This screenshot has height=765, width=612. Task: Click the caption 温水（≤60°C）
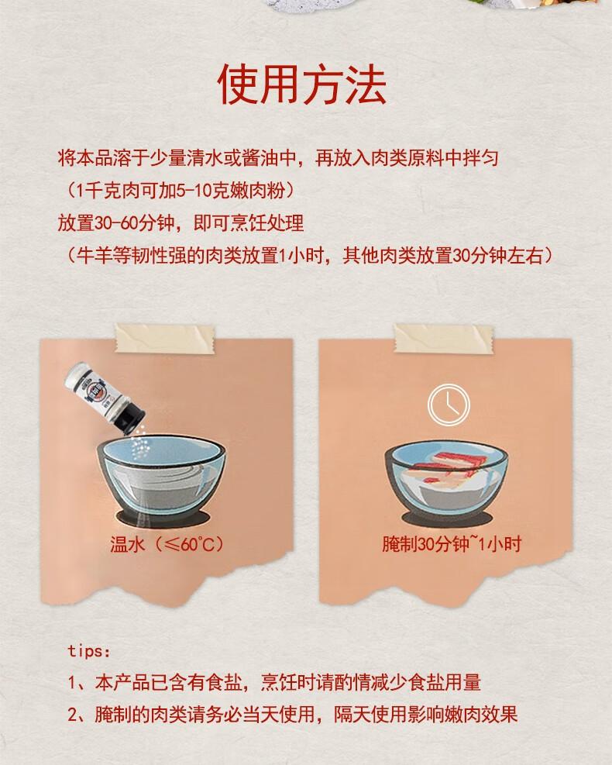point(167,543)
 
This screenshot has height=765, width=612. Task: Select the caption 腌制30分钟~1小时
point(451,543)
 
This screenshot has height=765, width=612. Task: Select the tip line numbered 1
point(274,682)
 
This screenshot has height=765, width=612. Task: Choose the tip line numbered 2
point(292,714)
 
